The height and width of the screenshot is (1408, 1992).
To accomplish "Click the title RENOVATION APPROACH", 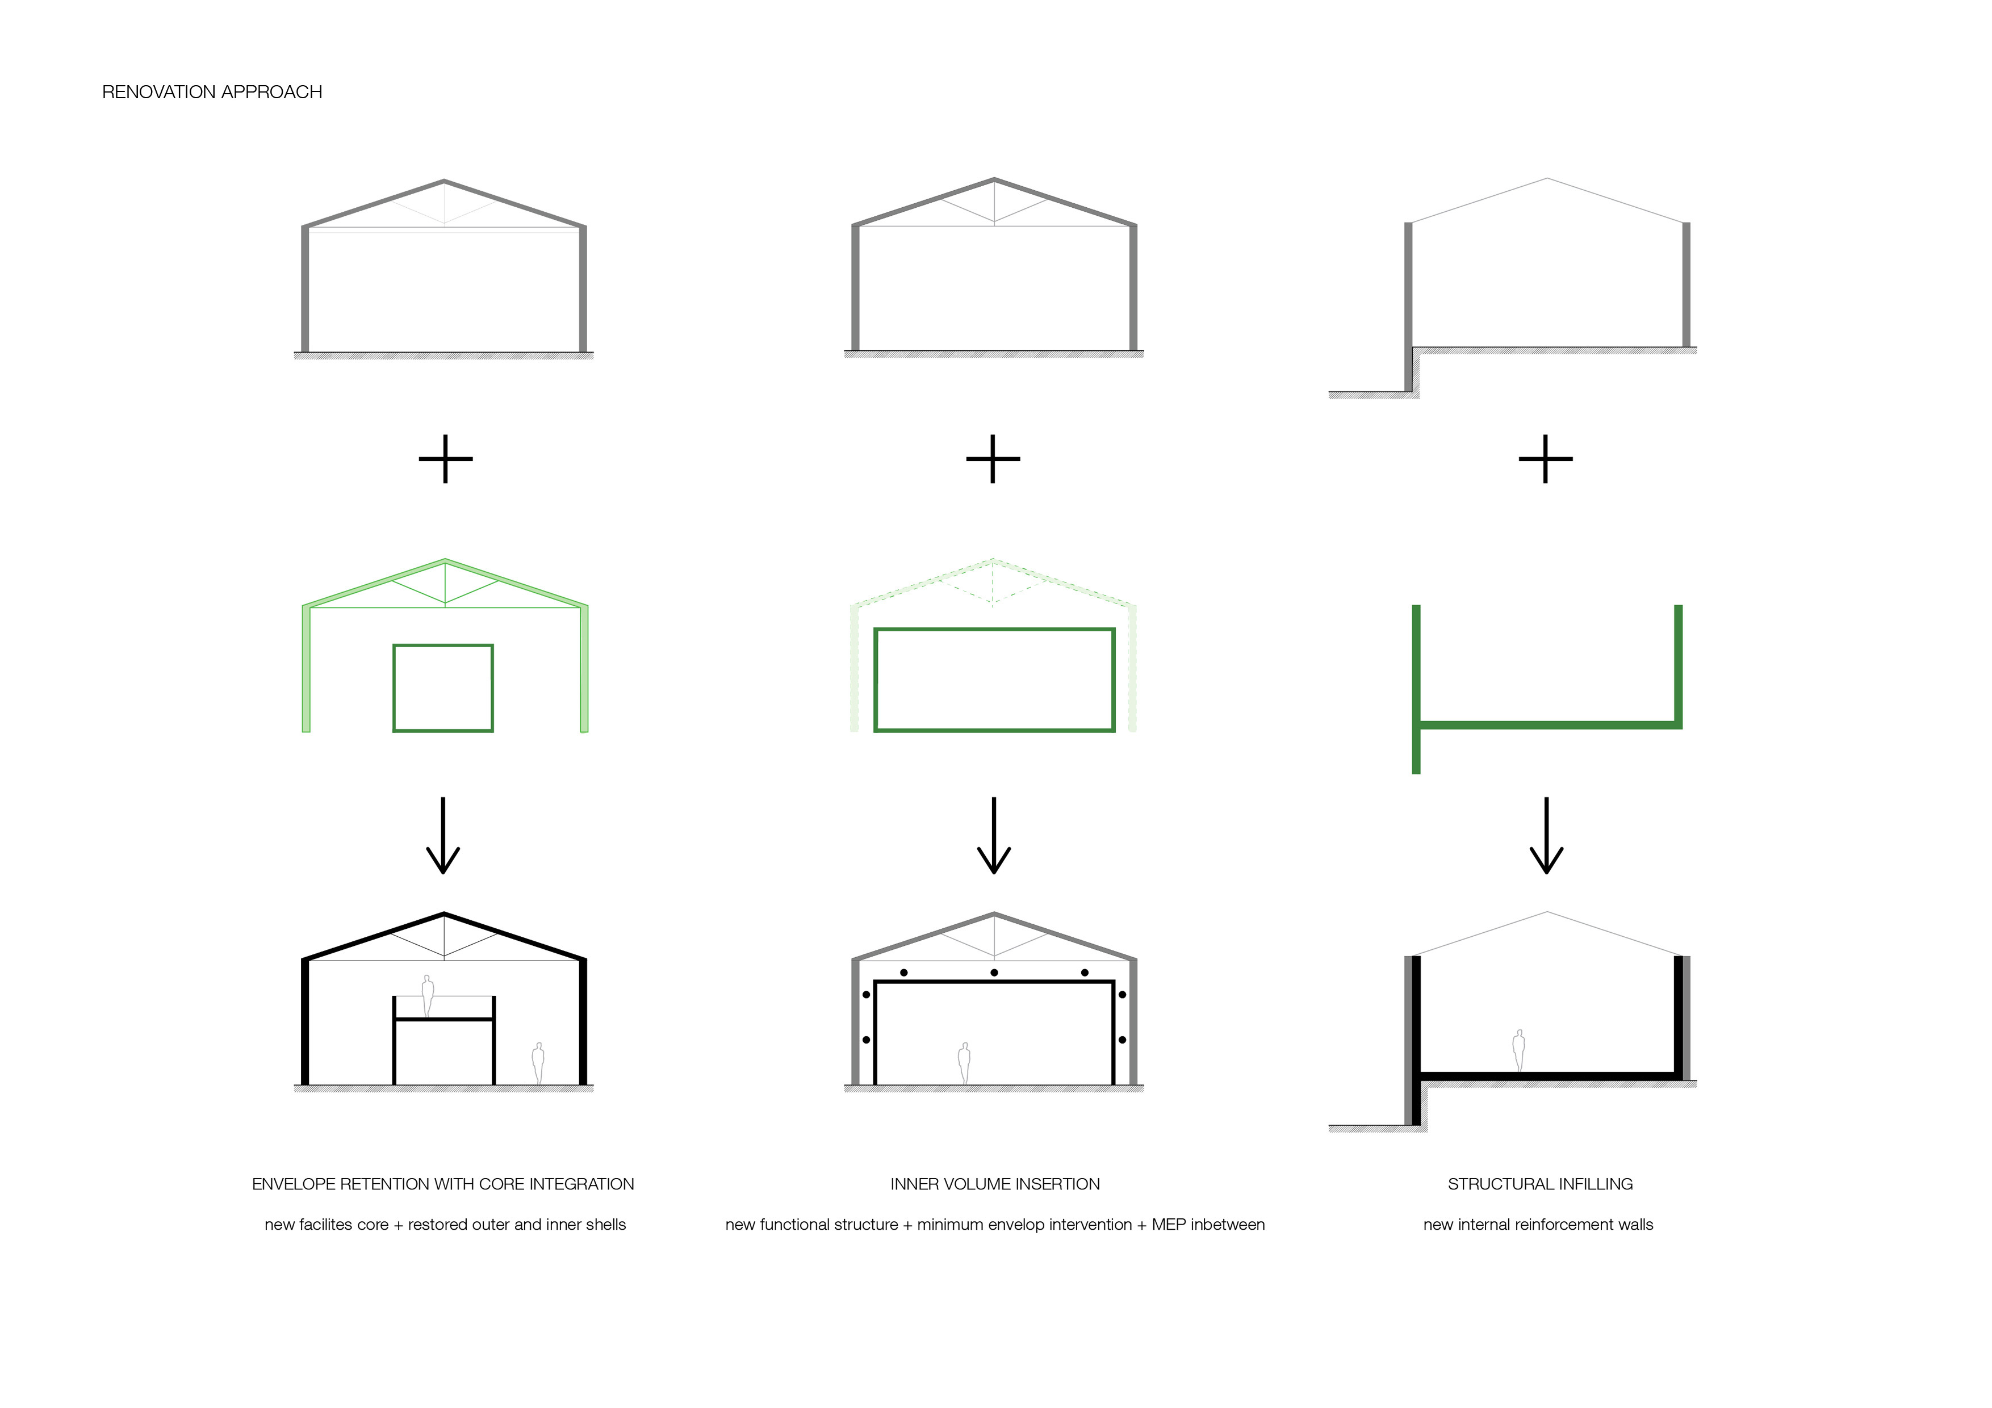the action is coord(212,92).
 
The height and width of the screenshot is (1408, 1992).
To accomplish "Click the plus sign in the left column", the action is coord(445,459).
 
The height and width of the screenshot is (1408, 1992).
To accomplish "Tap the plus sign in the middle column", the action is coord(993,459).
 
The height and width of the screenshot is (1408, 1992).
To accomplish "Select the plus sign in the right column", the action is coord(1545,459).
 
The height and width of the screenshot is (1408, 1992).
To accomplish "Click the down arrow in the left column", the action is coord(443,835).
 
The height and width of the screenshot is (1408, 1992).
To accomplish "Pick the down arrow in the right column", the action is coord(1546,835).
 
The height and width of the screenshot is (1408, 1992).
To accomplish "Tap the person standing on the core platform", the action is coord(428,996).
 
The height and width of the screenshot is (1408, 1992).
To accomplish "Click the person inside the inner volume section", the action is coord(964,1063).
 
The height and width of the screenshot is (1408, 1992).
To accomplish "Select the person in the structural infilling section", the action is coord(1518,1050).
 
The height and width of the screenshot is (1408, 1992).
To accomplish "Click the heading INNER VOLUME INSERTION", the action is coord(995,1184).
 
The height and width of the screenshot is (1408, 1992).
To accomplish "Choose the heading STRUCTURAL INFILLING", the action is coord(1540,1184).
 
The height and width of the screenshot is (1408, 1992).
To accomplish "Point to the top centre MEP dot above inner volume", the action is coord(994,973).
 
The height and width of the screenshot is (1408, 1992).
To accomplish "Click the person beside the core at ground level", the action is coord(538,1063).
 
